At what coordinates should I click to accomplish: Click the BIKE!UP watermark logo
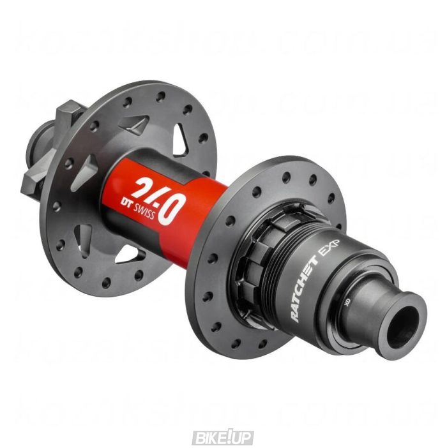(x=223, y=437)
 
